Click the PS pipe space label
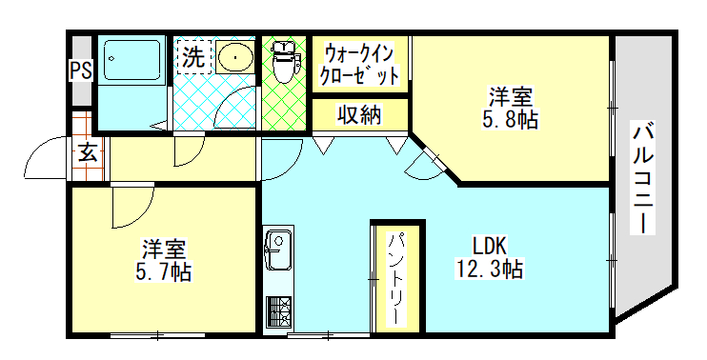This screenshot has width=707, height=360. point(81,71)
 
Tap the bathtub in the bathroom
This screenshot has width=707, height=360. point(132,61)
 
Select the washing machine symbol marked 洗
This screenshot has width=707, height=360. point(194,57)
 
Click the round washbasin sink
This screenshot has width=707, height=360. point(234,57)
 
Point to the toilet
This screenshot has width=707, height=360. point(284,62)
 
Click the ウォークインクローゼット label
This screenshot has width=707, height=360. point(360,65)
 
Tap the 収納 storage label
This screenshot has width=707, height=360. point(360,115)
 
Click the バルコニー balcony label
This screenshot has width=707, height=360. point(643,178)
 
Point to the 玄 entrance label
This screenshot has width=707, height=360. point(88,153)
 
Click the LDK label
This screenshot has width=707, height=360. point(490,247)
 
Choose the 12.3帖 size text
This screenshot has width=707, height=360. point(490,269)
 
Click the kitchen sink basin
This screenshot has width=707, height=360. point(278,250)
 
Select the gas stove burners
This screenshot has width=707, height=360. point(278,311)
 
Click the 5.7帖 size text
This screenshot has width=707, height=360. point(163,271)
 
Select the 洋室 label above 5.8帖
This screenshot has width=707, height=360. point(511,97)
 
